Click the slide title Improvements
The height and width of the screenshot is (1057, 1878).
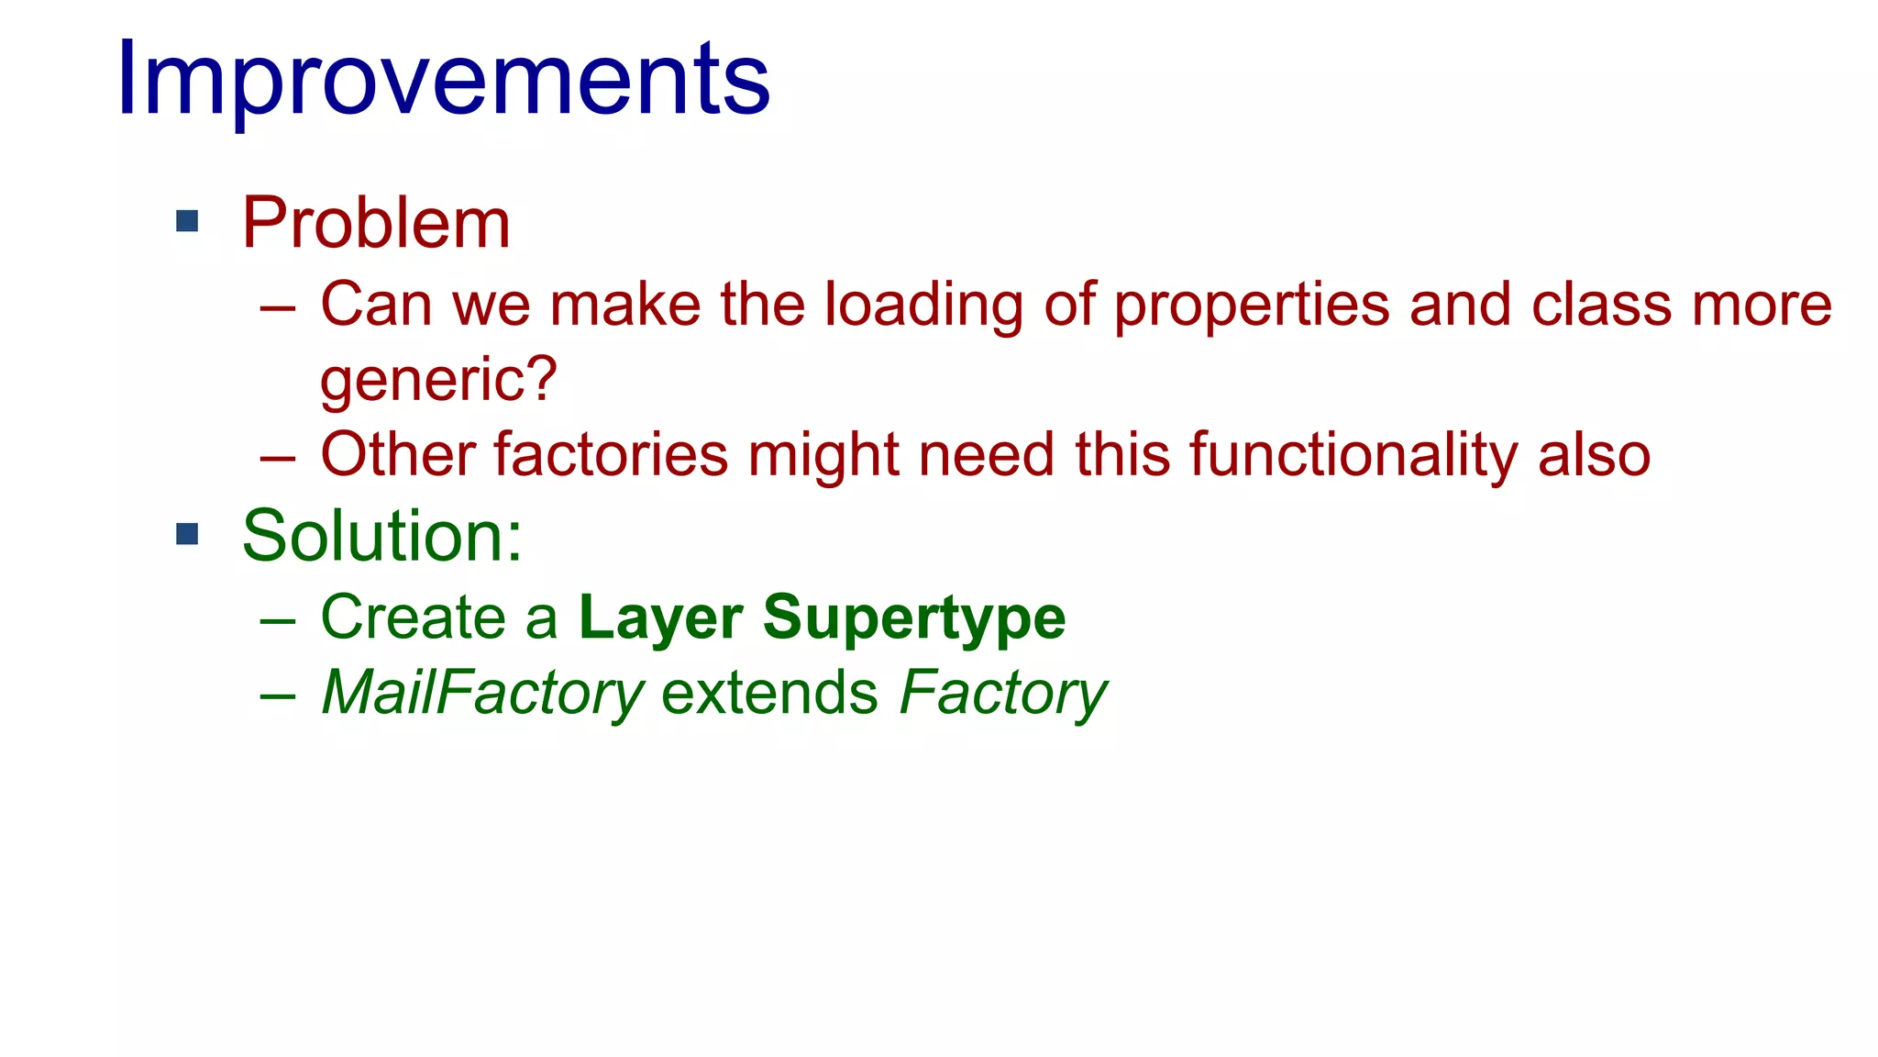click(443, 81)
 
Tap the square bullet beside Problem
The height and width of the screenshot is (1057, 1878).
click(187, 221)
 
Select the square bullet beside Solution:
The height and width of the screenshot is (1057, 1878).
click(187, 534)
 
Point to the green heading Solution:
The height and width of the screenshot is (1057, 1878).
click(381, 536)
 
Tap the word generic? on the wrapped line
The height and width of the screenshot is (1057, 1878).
click(438, 380)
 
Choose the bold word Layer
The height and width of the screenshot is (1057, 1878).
click(660, 618)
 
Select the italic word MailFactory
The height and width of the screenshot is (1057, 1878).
click(482, 693)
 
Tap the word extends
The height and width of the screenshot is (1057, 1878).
click(769, 693)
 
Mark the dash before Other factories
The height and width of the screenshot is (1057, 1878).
click(277, 456)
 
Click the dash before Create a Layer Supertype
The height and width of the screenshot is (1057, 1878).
click(277, 621)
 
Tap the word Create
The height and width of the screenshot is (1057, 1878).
click(413, 618)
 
